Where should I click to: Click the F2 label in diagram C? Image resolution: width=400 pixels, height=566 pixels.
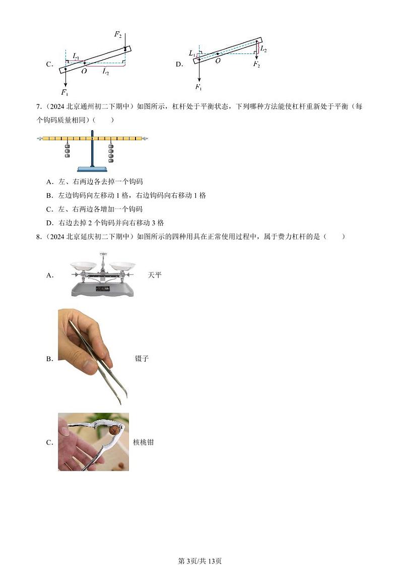[x=117, y=34]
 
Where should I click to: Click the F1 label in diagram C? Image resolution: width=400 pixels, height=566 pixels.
[x=64, y=92]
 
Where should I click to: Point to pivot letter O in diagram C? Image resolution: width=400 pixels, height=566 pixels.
[x=84, y=72]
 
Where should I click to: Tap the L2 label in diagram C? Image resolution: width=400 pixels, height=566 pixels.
[x=106, y=72]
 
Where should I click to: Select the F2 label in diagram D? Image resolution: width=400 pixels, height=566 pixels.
[x=256, y=65]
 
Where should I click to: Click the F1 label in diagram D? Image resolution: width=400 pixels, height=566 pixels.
[x=198, y=88]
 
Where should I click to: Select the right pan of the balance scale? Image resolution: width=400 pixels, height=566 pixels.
[x=122, y=265]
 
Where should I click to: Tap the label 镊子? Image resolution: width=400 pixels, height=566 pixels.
[x=142, y=359]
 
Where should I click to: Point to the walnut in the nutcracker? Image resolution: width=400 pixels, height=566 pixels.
[x=116, y=430]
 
